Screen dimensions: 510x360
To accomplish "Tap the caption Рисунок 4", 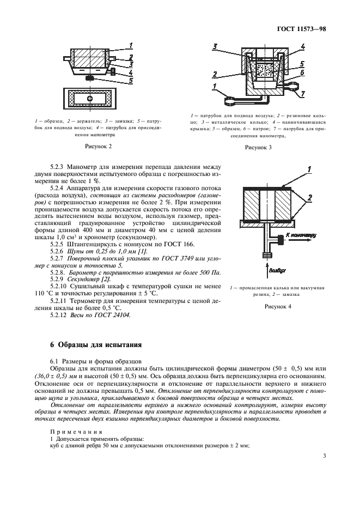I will (x=278, y=307).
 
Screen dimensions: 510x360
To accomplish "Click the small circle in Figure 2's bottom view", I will (x=90, y=98).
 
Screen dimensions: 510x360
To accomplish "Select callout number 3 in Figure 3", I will (x=216, y=47).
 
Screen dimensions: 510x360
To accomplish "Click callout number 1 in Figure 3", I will (x=215, y=86).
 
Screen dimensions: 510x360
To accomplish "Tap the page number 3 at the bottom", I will (x=324, y=456).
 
